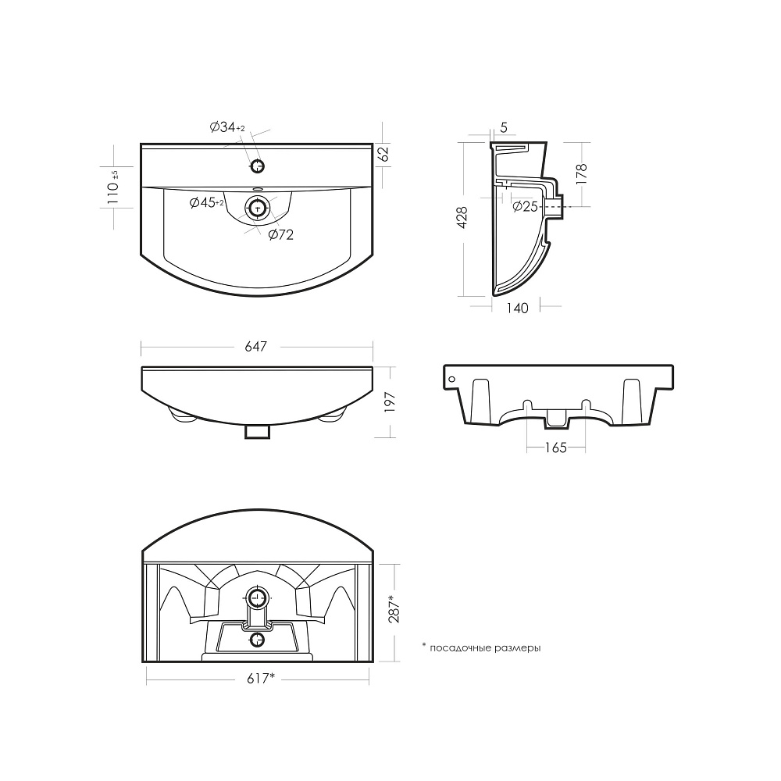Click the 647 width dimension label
point(255,346)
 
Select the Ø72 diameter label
point(281,234)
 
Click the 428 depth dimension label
point(462,218)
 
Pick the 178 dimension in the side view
point(581,174)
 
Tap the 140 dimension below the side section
point(517,308)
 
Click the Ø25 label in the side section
point(525,206)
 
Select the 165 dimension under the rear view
point(556,448)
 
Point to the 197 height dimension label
point(390,401)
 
